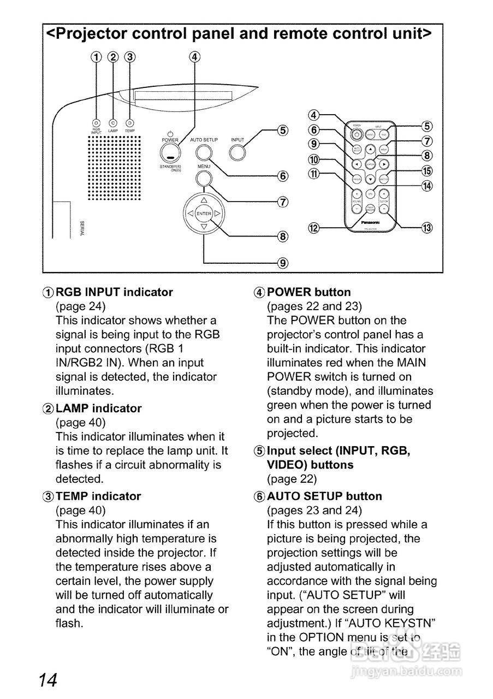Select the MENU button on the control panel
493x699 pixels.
[x=204, y=179]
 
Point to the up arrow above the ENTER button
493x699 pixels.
[x=204, y=200]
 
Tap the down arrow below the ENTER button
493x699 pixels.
[x=204, y=227]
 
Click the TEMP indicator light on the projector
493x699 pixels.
[x=129, y=123]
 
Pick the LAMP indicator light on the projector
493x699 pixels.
[x=113, y=123]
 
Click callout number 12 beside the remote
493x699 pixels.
[x=313, y=228]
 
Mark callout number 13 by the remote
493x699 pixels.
[x=427, y=228]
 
